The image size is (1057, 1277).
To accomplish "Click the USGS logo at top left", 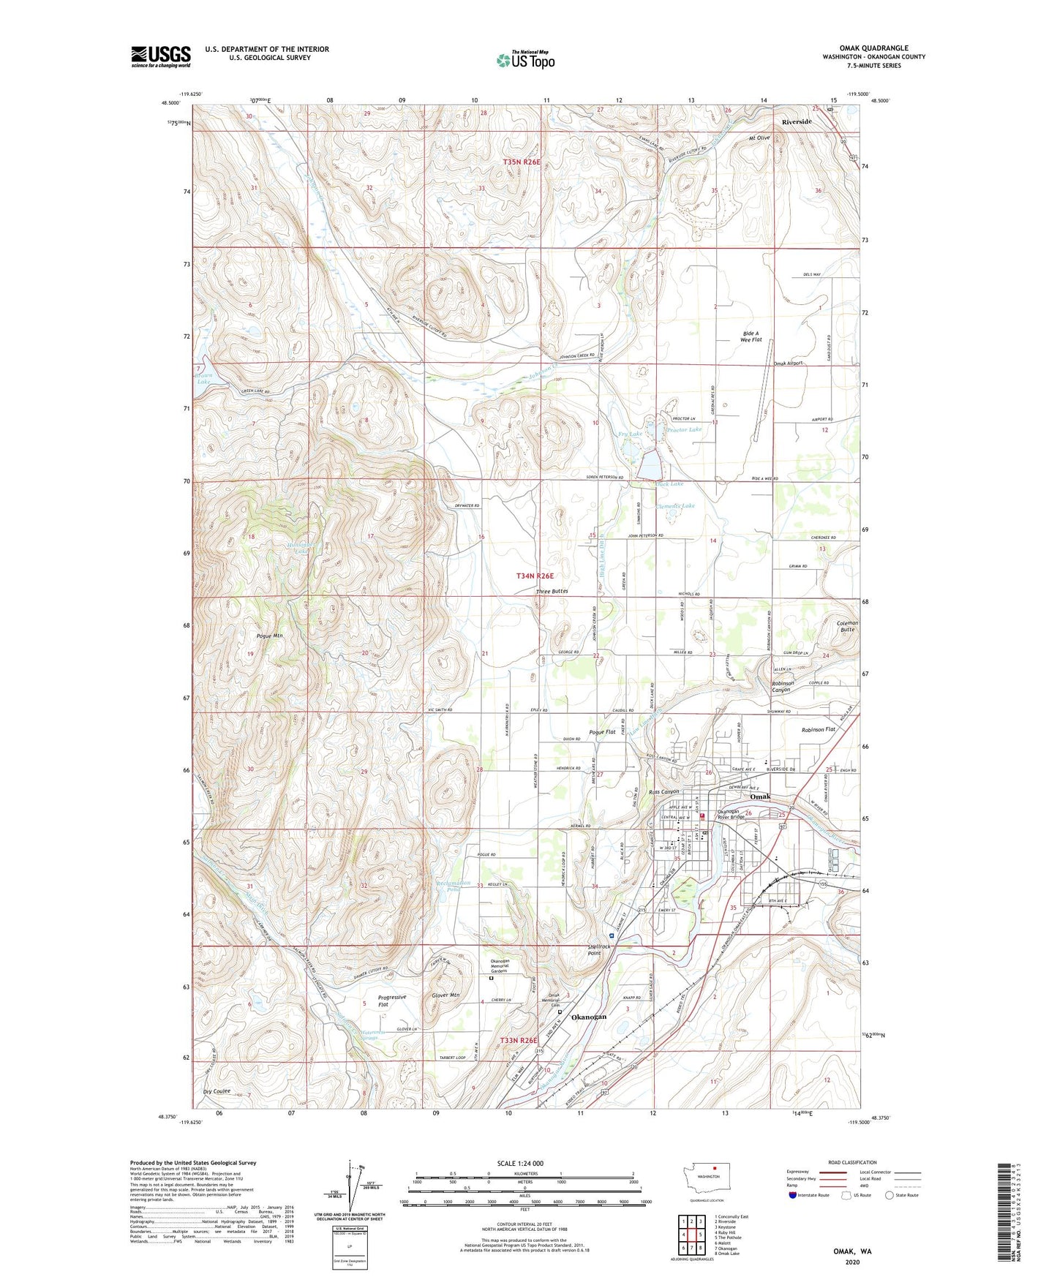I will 161,56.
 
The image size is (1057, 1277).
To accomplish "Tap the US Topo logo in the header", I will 525,60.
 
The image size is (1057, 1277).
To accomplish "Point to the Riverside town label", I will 796,121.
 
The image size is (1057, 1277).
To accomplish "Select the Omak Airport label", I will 789,363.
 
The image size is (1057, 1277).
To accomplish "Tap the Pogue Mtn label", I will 269,636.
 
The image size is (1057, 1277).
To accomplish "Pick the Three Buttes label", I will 552,591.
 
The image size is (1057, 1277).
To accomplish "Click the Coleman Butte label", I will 847,626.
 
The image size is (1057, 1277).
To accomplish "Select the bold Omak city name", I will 760,796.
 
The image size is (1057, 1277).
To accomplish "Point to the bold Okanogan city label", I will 589,1017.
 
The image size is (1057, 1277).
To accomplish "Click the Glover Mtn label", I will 445,995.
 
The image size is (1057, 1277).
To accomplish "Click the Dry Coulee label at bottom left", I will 217,1091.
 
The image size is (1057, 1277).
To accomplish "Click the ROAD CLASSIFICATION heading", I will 853,1162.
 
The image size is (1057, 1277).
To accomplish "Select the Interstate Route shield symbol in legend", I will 793,1195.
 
